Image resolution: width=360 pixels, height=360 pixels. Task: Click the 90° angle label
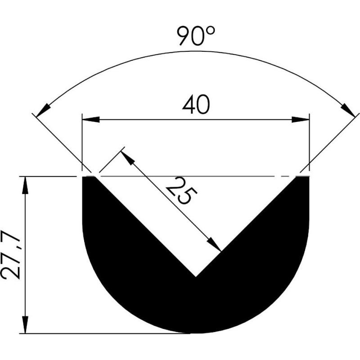click(196, 36)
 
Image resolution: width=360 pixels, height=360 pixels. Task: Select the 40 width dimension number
click(196, 105)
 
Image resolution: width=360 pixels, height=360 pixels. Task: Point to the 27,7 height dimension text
click(11, 255)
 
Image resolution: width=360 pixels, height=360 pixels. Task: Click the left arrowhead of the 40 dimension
click(91, 120)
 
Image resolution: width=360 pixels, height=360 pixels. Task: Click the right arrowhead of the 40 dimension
click(301, 120)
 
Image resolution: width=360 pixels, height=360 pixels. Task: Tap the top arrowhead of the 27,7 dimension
click(25, 185)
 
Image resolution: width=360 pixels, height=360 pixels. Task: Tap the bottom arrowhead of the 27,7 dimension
click(25, 324)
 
